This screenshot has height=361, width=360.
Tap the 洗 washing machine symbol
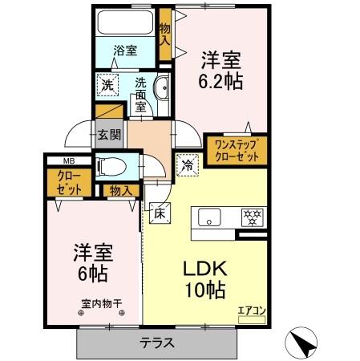coord(106,83)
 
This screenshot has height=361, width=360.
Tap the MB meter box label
coord(63,160)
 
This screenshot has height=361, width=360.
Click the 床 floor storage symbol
coord(159,214)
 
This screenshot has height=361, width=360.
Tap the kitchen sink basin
coord(210,217)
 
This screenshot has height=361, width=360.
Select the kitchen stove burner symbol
coord(254,216)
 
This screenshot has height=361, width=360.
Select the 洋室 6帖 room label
coord(91,260)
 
